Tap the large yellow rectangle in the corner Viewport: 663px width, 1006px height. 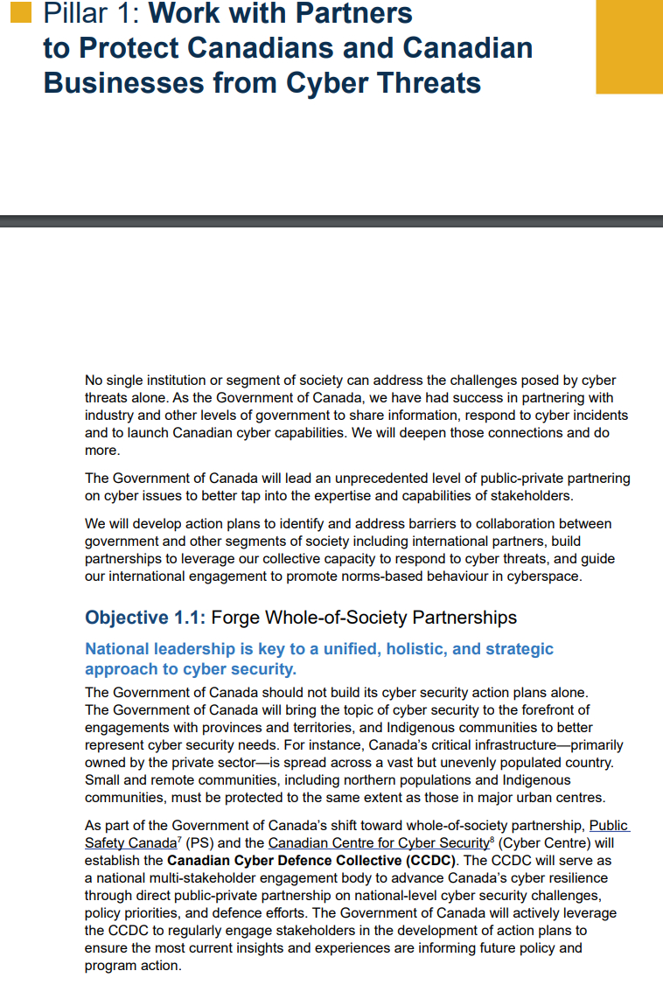(629, 45)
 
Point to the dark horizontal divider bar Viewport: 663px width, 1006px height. (331, 221)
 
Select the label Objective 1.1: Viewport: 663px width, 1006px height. (145, 618)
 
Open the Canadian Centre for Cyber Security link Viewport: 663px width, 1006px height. (377, 842)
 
